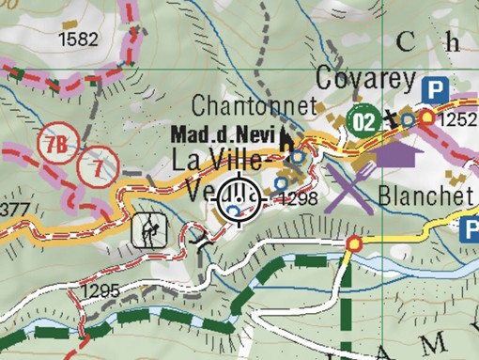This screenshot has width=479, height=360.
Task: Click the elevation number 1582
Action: [x=78, y=39]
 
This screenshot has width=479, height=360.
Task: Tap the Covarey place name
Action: [x=364, y=80]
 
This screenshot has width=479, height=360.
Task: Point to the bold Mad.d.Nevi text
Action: [x=224, y=135]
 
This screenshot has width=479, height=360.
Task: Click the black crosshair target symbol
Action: [x=239, y=199]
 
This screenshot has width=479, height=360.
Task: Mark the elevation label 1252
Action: [x=458, y=119]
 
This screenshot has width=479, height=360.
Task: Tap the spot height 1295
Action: [x=100, y=290]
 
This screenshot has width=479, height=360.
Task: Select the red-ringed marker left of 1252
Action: [x=427, y=117]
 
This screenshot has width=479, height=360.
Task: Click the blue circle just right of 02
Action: [x=406, y=120]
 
